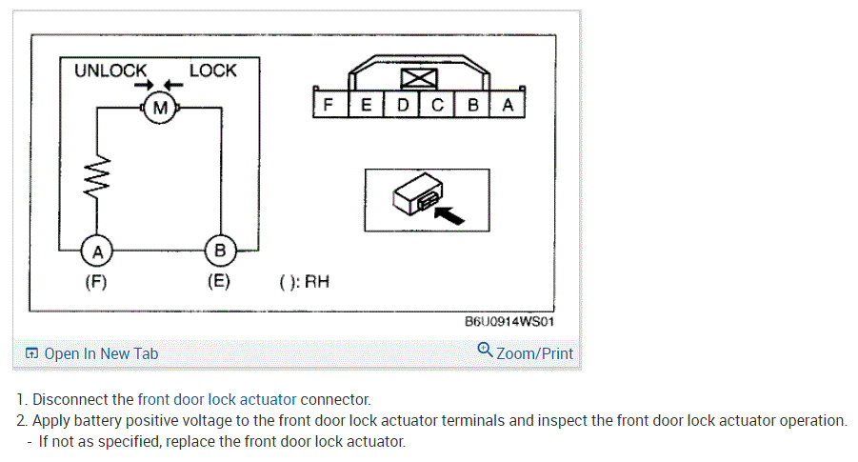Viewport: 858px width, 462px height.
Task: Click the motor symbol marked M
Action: [x=160, y=109]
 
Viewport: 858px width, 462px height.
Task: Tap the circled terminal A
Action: [x=96, y=251]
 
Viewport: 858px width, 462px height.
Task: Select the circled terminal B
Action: [x=220, y=251]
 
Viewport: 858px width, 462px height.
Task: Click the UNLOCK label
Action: [x=110, y=70]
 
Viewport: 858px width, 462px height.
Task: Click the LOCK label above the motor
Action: [x=212, y=70]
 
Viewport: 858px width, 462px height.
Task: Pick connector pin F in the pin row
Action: [x=329, y=106]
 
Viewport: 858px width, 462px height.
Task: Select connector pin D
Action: [x=402, y=106]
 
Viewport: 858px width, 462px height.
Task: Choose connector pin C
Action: [x=437, y=106]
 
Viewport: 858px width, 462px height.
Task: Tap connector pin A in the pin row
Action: [x=508, y=106]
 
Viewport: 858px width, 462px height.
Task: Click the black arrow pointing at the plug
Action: [x=449, y=214]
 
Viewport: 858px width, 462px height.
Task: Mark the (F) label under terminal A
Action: [x=96, y=282]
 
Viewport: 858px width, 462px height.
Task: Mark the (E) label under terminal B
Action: [x=219, y=282]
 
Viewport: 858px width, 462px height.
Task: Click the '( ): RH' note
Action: [x=304, y=282]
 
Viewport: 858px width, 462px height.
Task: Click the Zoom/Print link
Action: [x=526, y=353]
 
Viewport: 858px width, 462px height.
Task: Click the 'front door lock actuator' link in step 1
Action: [x=217, y=399]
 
